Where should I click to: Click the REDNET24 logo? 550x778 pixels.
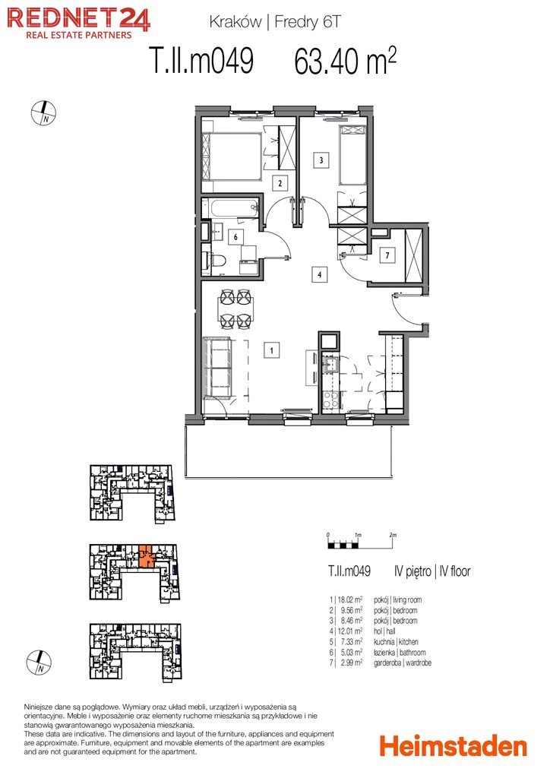(x=77, y=24)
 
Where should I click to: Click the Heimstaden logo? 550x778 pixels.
(x=454, y=746)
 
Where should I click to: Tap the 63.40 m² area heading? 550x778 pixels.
(x=345, y=61)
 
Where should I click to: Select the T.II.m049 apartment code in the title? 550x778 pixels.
(x=202, y=61)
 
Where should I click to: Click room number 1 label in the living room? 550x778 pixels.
(x=271, y=350)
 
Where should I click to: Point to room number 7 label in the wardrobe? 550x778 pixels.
(x=387, y=255)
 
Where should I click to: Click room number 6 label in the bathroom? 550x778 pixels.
(x=235, y=237)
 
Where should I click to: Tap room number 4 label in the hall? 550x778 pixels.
(x=319, y=274)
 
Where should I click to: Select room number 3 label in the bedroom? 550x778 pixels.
(x=321, y=160)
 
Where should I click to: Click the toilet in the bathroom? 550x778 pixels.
(x=217, y=261)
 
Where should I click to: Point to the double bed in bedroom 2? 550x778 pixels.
(x=232, y=157)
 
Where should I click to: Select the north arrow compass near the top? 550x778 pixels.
(x=43, y=113)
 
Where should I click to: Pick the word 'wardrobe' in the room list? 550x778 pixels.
(x=417, y=663)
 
